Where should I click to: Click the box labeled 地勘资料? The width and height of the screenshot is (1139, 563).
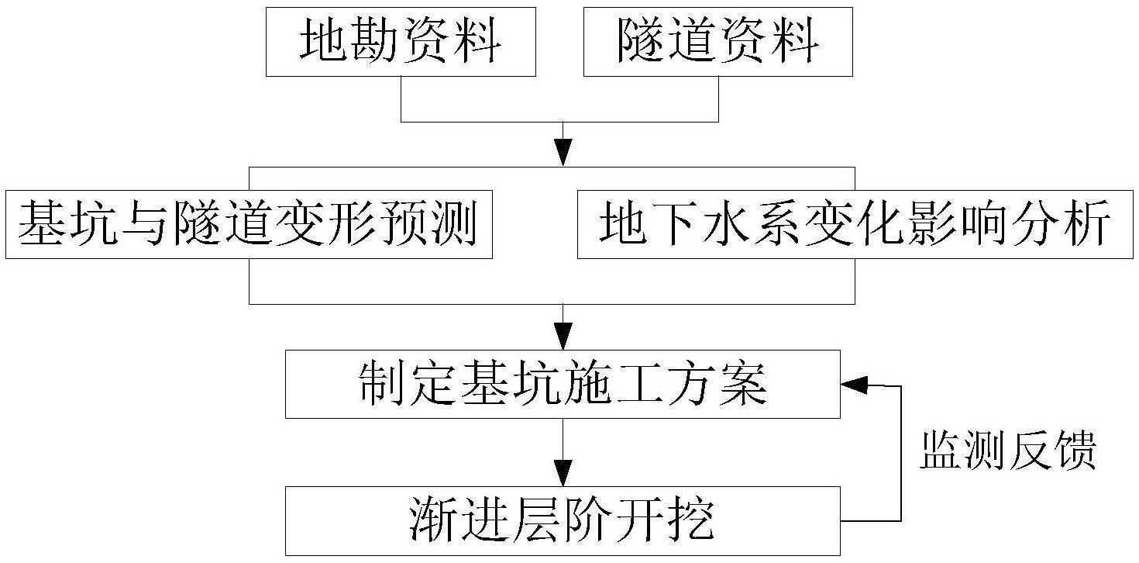pyautogui.click(x=401, y=42)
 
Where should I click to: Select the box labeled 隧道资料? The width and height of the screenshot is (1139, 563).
pyautogui.click(x=718, y=42)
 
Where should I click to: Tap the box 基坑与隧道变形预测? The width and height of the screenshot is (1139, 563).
pyautogui.click(x=249, y=224)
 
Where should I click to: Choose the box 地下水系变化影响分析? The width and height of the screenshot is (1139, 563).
pyautogui.click(x=855, y=224)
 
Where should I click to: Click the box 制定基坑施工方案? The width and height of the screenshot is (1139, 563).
pyautogui.click(x=563, y=385)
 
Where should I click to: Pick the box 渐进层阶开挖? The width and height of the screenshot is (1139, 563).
pyautogui.click(x=563, y=521)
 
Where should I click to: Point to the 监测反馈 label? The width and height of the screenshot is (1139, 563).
pyautogui.click(x=1007, y=451)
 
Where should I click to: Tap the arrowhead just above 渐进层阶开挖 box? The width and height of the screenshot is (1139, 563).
pyautogui.click(x=563, y=473)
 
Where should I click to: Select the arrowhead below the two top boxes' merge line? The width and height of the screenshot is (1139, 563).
pyautogui.click(x=563, y=153)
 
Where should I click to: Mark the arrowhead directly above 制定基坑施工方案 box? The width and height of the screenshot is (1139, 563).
pyautogui.click(x=563, y=337)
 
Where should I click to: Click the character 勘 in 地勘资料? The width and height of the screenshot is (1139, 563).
pyautogui.click(x=375, y=42)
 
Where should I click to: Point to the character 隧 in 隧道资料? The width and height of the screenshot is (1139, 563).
pyautogui.click(x=642, y=42)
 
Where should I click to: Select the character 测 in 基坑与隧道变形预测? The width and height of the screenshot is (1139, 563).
pyautogui.click(x=452, y=224)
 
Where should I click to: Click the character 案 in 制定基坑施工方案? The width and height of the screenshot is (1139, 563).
pyautogui.click(x=742, y=385)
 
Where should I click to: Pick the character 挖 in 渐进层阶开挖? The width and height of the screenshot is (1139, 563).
pyautogui.click(x=690, y=521)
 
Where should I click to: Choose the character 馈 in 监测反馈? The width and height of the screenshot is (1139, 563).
pyautogui.click(x=1075, y=451)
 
